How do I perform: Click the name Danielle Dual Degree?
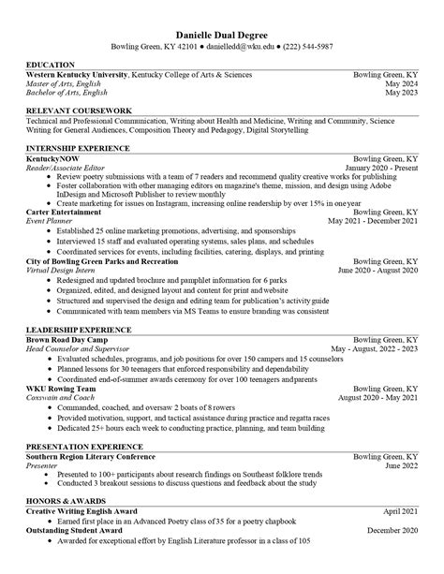[222, 32]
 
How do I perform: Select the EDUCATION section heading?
[52, 65]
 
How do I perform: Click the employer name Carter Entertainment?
[64, 213]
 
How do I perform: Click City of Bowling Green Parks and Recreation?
[99, 261]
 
